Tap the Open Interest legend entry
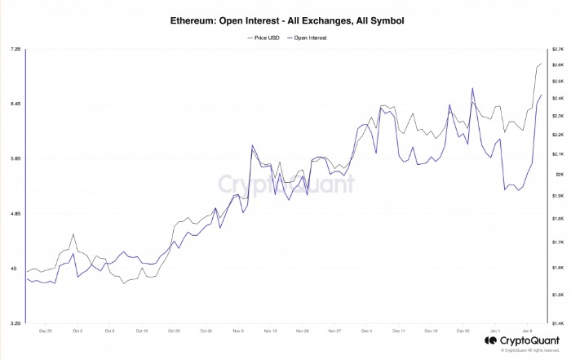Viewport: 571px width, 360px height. point(308,38)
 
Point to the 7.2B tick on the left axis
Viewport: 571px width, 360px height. point(15,49)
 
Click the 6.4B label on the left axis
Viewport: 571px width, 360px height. point(15,104)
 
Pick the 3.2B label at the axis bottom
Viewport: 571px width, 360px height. point(15,323)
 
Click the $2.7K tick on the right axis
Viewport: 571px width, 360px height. point(558,49)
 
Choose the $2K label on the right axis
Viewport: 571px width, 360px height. point(557,174)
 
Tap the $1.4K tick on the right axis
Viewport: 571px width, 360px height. point(558,323)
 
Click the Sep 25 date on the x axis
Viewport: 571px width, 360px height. point(45,331)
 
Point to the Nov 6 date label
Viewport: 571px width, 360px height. point(237,331)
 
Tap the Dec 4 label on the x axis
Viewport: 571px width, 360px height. point(365,331)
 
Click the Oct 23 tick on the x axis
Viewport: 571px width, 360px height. point(173,331)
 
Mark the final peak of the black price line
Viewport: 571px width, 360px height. point(541,63)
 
